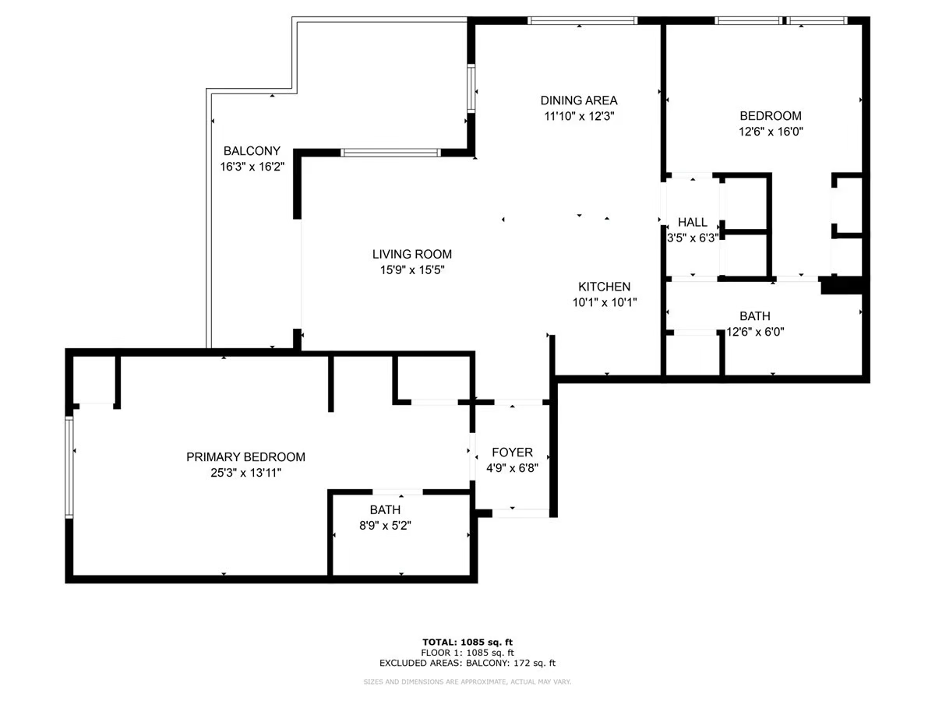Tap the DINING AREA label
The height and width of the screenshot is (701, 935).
point(579,100)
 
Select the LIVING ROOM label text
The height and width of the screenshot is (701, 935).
point(411,254)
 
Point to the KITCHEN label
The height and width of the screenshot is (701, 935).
point(604,287)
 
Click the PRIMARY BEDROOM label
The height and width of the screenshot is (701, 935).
point(245,457)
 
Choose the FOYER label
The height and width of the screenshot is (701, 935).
point(512,453)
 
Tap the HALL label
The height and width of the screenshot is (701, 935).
point(692,223)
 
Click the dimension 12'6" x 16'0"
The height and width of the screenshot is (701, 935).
point(770,132)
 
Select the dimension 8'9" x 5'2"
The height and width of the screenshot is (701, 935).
point(385,525)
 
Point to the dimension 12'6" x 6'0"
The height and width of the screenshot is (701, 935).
point(755,332)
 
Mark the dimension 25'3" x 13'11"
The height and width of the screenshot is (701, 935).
point(245,473)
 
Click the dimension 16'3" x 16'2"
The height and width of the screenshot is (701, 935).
point(252,166)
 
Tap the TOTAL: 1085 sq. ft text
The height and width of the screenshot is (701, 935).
point(467,642)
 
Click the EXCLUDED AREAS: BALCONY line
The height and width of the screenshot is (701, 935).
point(467,664)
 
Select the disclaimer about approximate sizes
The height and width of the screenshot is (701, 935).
point(467,682)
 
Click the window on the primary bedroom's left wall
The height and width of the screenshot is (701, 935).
point(69,467)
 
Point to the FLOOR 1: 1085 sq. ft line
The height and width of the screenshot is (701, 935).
point(467,653)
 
